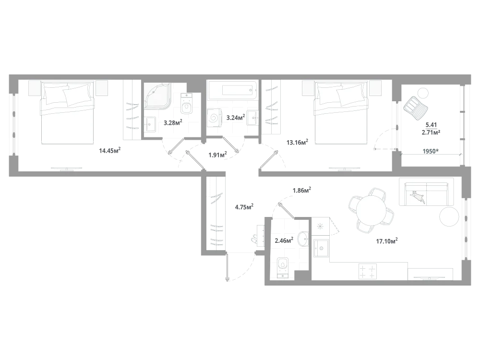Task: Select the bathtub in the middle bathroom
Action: click(233, 91)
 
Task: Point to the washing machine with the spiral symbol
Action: click(214, 118)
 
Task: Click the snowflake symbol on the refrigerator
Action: click(320, 226)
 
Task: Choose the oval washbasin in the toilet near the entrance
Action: click(303, 239)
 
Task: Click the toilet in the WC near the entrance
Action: click(284, 267)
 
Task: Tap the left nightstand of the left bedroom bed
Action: click(34, 88)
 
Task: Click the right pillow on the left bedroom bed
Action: click(78, 94)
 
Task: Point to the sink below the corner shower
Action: click(151, 124)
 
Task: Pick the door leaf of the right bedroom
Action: click(270, 160)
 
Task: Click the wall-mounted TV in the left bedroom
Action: click(67, 168)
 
